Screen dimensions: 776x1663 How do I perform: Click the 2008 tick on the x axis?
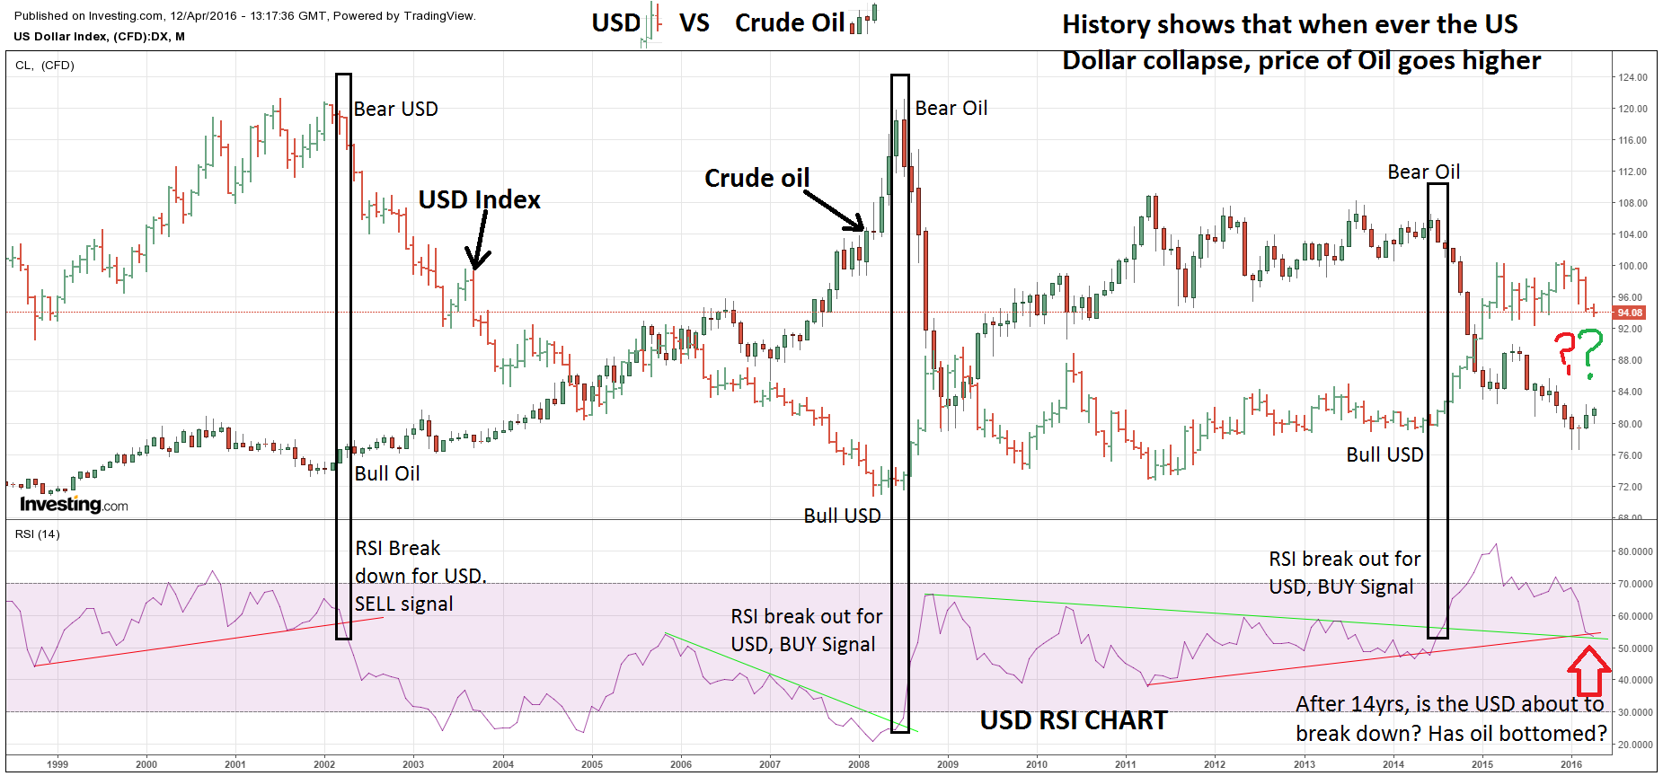[x=858, y=764]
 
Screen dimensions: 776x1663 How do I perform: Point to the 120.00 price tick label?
[x=1632, y=109]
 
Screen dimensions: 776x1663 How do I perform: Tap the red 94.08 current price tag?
[x=1630, y=313]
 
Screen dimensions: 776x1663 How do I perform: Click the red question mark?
[x=1565, y=353]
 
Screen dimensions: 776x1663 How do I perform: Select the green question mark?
[x=1589, y=353]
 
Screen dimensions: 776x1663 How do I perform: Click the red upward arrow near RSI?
[x=1588, y=671]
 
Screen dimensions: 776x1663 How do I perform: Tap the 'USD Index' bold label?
[x=479, y=199]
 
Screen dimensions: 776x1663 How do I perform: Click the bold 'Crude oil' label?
[x=756, y=178]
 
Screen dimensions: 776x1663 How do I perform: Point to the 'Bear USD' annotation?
[x=395, y=109]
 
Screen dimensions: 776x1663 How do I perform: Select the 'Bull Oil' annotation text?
[x=386, y=473]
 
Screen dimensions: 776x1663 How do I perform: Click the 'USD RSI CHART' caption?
[x=1074, y=720]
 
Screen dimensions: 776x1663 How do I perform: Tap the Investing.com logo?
[x=74, y=504]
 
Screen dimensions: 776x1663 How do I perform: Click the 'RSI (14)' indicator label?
[x=38, y=534]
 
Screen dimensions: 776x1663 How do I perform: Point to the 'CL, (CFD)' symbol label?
[x=45, y=66]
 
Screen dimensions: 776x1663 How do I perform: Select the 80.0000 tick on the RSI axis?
[x=1635, y=551]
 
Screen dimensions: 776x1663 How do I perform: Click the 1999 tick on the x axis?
[x=57, y=764]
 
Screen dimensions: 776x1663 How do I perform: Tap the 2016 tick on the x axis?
[x=1570, y=764]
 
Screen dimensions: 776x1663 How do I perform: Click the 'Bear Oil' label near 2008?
[x=951, y=108]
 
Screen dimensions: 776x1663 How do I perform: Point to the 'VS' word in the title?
[x=694, y=22]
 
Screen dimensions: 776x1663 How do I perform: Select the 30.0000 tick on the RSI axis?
[x=1635, y=712]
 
